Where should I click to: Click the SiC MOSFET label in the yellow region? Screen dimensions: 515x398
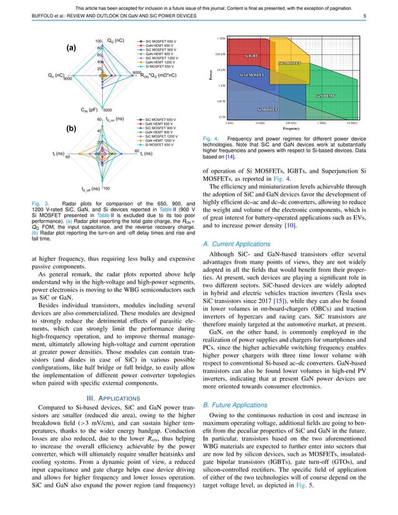[x=289, y=64]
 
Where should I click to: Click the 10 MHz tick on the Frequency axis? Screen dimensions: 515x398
[x=347, y=123]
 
